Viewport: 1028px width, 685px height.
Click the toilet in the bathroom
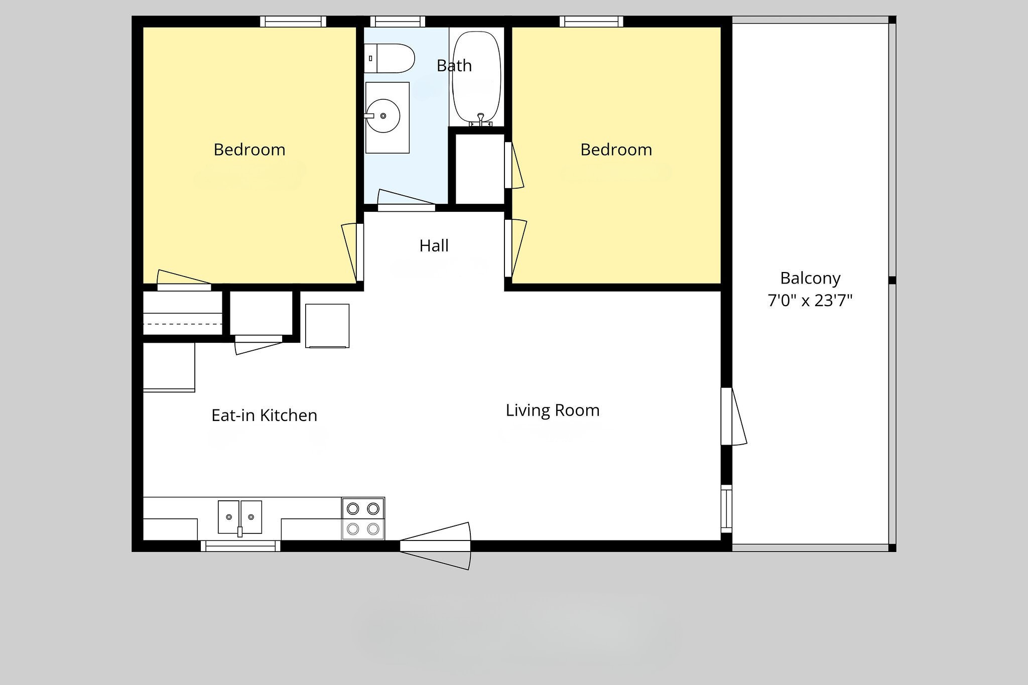(x=389, y=58)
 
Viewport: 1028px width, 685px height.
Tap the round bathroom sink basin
(x=383, y=116)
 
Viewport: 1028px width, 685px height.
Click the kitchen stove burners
(x=363, y=519)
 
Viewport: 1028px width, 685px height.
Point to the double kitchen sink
(x=240, y=517)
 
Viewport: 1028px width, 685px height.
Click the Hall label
(x=434, y=246)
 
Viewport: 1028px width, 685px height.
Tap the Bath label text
(x=454, y=66)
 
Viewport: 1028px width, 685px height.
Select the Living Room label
(x=553, y=410)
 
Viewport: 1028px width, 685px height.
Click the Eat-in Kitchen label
(x=265, y=416)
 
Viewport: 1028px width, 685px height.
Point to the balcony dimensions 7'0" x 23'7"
(x=810, y=301)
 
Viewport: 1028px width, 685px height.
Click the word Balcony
(x=810, y=279)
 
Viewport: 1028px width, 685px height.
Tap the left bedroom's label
(x=249, y=150)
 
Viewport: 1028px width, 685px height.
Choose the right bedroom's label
(x=616, y=150)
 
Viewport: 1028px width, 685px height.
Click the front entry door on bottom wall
(x=435, y=546)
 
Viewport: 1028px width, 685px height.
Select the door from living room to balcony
(x=732, y=416)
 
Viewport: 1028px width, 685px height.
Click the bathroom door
(x=406, y=201)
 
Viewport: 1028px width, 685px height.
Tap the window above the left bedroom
(x=293, y=22)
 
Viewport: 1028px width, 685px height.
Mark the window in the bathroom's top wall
(x=398, y=22)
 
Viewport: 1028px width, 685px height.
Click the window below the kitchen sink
(x=240, y=546)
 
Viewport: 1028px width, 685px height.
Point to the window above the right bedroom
(x=591, y=22)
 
